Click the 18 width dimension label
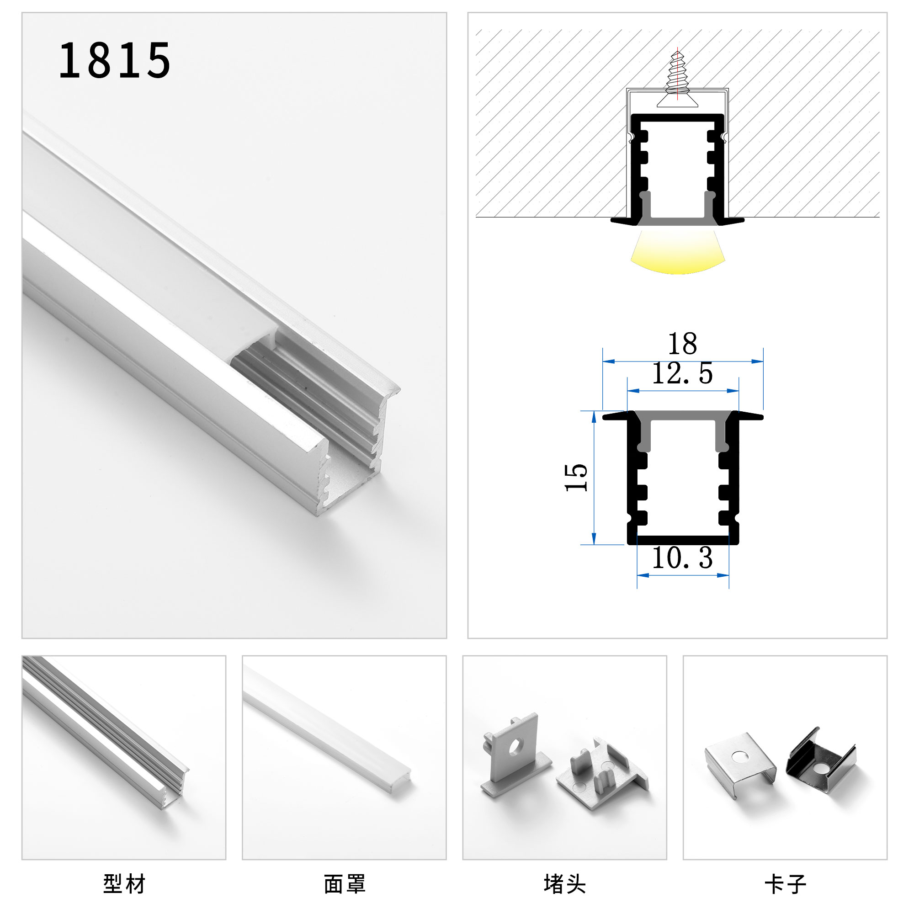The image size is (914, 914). click(x=682, y=344)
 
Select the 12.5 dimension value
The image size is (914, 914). click(x=682, y=373)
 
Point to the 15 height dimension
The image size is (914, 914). click(x=576, y=478)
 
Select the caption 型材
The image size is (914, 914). click(x=124, y=884)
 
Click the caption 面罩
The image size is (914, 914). click(x=345, y=884)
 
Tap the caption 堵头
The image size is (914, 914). click(x=565, y=884)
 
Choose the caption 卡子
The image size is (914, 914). click(x=785, y=884)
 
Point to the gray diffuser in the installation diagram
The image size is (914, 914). click(x=677, y=221)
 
